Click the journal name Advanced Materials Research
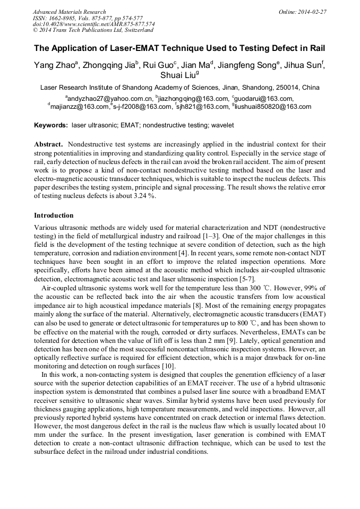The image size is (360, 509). [69, 12]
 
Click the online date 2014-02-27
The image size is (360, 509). [312, 12]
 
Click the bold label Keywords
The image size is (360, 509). [50, 125]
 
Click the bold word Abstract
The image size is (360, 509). [49, 144]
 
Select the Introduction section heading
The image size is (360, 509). [54, 215]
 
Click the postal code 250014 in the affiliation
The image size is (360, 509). [287, 87]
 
